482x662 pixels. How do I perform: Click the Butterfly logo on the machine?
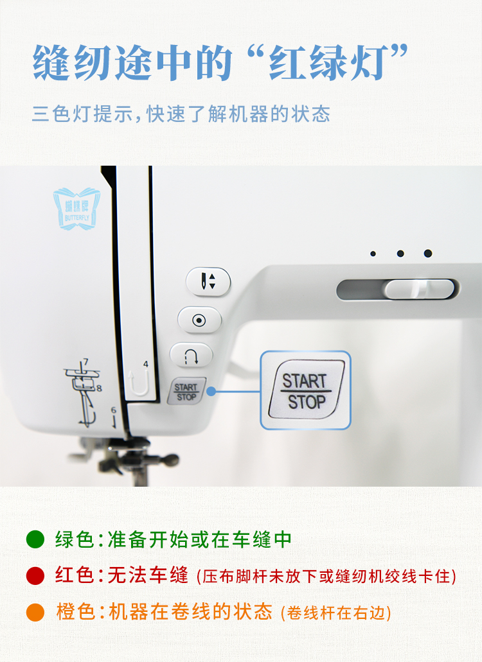[76, 206]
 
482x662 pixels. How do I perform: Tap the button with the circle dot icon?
[199, 319]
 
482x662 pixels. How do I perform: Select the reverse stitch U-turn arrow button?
[191, 355]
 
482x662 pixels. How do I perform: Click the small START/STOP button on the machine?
[186, 392]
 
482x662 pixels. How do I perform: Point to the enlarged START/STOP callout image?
[305, 390]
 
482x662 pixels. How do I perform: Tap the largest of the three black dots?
[428, 254]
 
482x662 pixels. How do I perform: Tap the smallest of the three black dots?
[373, 254]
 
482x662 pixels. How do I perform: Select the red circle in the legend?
[35, 576]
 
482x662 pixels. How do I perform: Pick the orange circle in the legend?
[35, 612]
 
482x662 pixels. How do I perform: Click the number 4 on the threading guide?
[146, 364]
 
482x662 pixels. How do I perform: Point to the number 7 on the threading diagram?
[85, 362]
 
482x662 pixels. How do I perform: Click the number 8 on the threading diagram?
[99, 388]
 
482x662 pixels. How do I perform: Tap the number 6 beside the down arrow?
[113, 410]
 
